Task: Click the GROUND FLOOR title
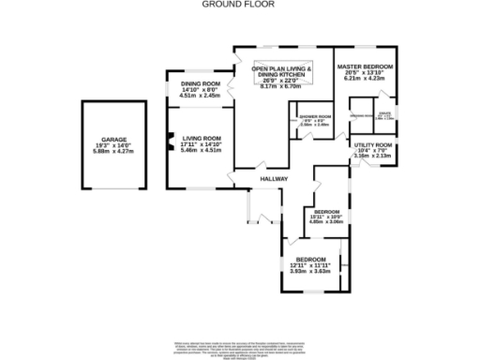click(x=239, y=5)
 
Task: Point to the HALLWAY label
click(x=274, y=178)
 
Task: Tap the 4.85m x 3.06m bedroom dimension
click(x=326, y=222)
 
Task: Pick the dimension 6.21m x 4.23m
click(x=365, y=79)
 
